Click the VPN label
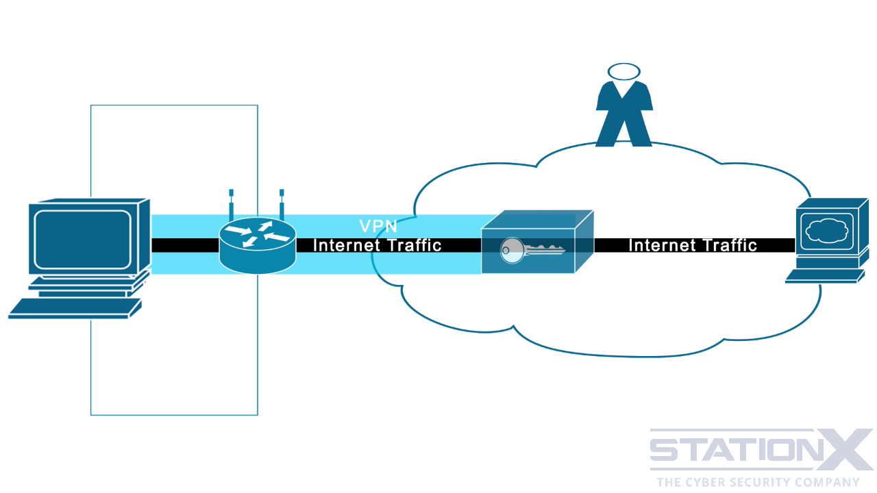[x=378, y=227]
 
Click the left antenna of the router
[x=232, y=204]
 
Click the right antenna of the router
[x=282, y=204]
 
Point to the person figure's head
[x=623, y=71]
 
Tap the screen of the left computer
[x=82, y=240]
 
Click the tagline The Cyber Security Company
[x=758, y=482]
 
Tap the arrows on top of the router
[x=258, y=233]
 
